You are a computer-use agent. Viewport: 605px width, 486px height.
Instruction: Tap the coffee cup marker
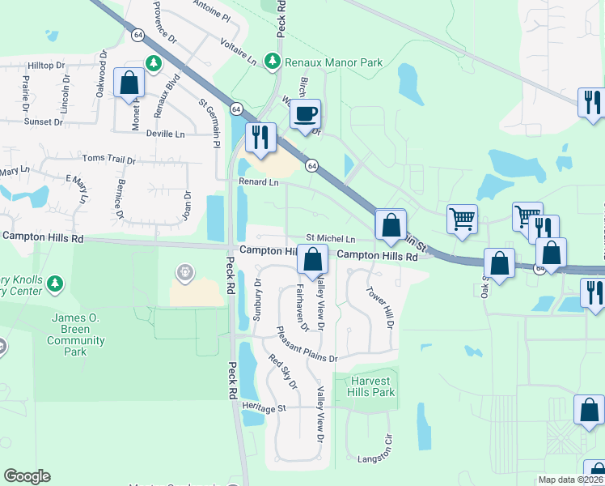coord(306,115)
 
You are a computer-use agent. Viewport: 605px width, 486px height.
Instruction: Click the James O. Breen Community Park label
coord(77,335)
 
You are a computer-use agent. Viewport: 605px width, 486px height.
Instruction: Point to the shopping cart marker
coord(462,219)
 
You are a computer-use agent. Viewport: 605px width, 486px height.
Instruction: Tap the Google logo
coord(27,476)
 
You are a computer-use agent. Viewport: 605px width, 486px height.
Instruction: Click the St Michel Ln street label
coord(330,239)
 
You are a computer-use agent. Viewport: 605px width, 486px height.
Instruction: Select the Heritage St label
coord(260,409)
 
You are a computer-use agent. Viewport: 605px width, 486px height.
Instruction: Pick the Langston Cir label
coord(374,459)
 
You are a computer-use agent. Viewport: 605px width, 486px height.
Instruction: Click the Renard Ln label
coord(258,182)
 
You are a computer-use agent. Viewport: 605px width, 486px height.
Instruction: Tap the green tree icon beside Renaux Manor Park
coord(273,61)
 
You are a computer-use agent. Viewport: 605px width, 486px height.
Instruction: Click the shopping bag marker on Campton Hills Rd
coord(312,261)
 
